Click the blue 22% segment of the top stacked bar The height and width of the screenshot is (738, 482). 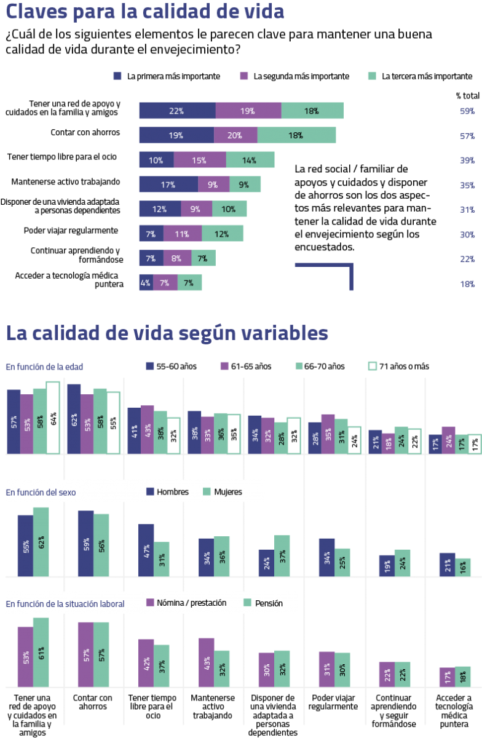click(176, 111)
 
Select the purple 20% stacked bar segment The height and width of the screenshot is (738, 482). click(235, 135)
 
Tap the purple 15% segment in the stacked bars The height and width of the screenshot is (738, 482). click(199, 160)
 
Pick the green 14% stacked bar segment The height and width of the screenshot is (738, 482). click(250, 160)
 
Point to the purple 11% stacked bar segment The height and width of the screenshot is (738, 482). click(182, 234)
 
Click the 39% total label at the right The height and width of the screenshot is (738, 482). click(467, 161)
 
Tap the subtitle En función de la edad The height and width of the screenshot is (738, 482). click(44, 367)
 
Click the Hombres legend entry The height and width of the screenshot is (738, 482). click(167, 491)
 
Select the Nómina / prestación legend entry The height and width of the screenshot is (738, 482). click(186, 603)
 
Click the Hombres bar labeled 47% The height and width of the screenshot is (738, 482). click(146, 550)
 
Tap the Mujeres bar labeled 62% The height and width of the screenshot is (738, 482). click(41, 542)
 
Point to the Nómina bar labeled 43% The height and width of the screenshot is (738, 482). click(206, 662)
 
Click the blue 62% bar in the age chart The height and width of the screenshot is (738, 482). click(74, 419)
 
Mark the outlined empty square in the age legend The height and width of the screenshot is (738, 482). click(372, 366)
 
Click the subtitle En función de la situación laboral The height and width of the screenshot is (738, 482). click(65, 604)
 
